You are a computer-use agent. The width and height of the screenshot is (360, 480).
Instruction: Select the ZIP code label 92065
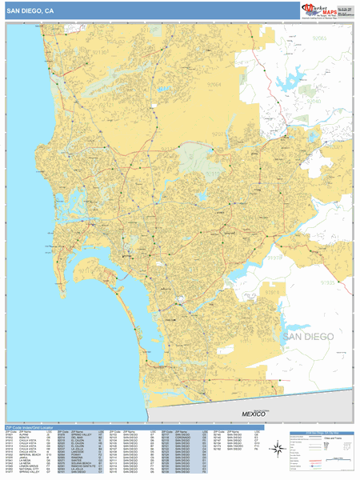tap(320, 38)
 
